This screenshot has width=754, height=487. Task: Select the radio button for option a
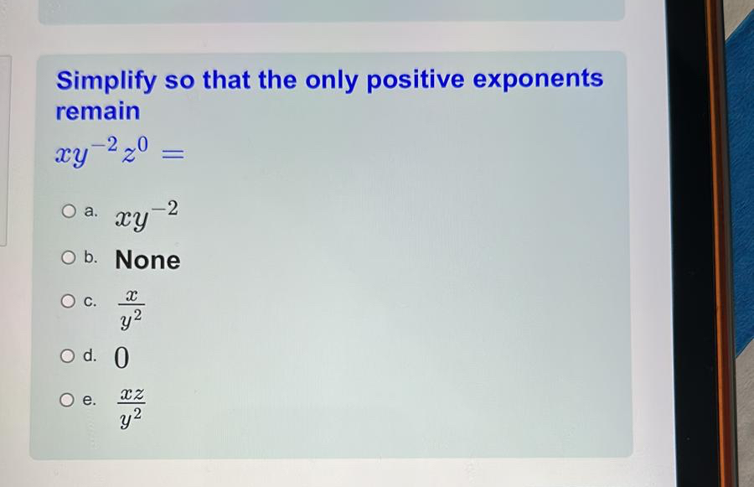point(69,213)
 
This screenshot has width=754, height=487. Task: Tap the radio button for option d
point(69,356)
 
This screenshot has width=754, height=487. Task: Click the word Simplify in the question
point(106,81)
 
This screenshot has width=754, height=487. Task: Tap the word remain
point(98,111)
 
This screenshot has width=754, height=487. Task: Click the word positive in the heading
point(416,80)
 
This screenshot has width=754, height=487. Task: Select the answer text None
point(147,260)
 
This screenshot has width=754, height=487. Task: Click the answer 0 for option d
point(121,358)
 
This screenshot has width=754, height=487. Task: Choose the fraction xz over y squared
point(132,405)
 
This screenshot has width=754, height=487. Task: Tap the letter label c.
point(91,301)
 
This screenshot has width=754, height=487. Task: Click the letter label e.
point(91,401)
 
